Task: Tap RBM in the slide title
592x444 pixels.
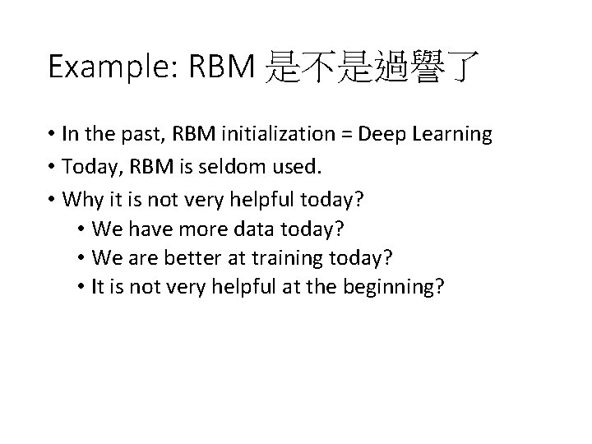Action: click(x=224, y=67)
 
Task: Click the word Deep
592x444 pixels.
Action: click(x=389, y=135)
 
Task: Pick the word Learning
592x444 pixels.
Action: click(x=453, y=135)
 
